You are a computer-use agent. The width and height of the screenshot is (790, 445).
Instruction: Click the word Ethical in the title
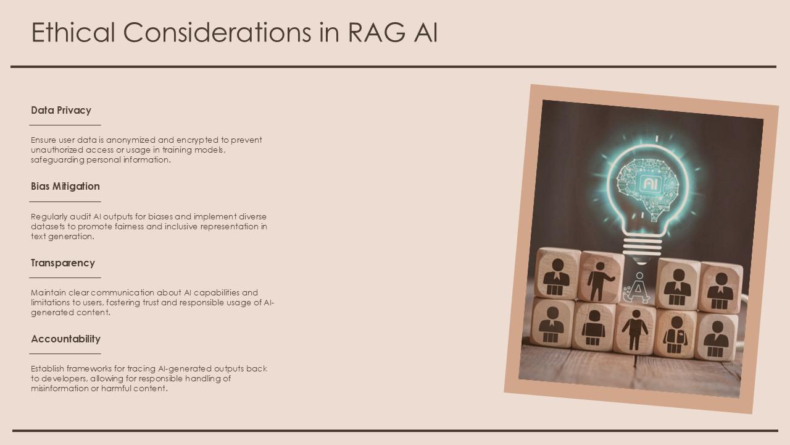(x=73, y=32)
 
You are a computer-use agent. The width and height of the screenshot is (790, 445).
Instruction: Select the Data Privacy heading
(x=61, y=110)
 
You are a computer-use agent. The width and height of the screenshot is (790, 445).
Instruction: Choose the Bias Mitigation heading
(x=65, y=186)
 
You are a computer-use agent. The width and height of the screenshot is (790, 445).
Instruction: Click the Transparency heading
(x=63, y=263)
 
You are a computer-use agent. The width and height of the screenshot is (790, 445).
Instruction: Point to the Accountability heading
(x=65, y=339)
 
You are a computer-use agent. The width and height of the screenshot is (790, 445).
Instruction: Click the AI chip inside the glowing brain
(x=649, y=183)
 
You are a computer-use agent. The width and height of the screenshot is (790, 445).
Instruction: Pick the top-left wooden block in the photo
(x=557, y=274)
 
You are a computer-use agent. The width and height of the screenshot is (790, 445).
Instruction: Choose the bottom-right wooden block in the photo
(x=717, y=337)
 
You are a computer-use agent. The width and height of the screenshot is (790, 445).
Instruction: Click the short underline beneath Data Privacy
(x=65, y=125)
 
